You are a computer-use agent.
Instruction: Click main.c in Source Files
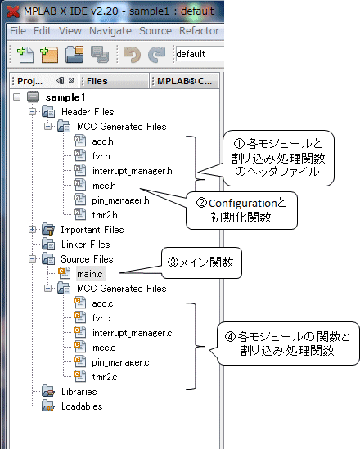90,274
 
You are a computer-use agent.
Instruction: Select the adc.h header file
102,141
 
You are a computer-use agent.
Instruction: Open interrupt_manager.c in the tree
132,333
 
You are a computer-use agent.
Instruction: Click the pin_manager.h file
120,200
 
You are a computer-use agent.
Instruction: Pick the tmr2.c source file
105,377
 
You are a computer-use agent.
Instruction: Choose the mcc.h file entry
104,186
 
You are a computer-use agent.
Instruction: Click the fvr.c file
101,318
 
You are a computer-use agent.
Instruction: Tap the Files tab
97,81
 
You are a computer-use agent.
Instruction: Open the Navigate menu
110,31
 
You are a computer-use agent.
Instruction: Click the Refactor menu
199,30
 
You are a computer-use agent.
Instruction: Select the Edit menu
43,30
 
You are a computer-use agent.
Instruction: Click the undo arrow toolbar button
132,54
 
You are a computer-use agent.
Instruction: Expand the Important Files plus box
33,229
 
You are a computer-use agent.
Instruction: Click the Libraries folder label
79,392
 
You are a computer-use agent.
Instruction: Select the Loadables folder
82,406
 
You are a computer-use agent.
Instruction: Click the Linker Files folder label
86,245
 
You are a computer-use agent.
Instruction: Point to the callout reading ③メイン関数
201,263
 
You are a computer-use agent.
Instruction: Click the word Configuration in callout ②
242,204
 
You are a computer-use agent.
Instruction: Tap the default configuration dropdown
200,54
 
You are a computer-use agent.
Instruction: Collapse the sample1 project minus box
17,97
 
